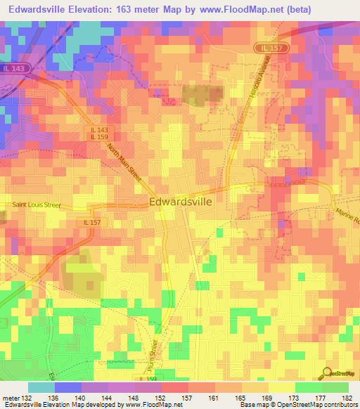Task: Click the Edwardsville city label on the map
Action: pos(181,201)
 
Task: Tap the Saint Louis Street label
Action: pos(37,206)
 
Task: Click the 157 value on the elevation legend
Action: pos(188,398)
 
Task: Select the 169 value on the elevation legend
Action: pos(269,398)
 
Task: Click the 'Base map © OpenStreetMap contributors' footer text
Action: pos(299,405)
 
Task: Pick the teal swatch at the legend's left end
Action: pos(41,387)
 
